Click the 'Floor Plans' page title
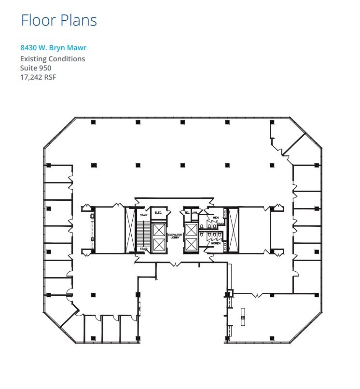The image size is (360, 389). (58, 20)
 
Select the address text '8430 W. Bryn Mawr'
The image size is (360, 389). (53, 48)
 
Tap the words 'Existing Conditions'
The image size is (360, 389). (53, 59)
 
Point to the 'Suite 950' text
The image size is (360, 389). (36, 68)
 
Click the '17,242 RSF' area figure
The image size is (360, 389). (38, 77)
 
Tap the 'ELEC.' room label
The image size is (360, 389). (158, 213)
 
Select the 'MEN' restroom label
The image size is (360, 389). (216, 218)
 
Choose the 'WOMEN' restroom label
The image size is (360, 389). (215, 243)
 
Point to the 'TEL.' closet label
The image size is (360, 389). (186, 212)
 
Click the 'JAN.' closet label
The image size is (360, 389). (195, 212)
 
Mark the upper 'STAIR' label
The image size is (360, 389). (143, 216)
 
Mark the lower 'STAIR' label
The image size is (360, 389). (143, 249)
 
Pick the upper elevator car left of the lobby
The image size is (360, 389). (159, 230)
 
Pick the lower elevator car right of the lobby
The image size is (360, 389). (191, 245)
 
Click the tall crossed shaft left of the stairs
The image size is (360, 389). (130, 230)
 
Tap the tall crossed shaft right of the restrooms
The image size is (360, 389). (234, 230)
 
